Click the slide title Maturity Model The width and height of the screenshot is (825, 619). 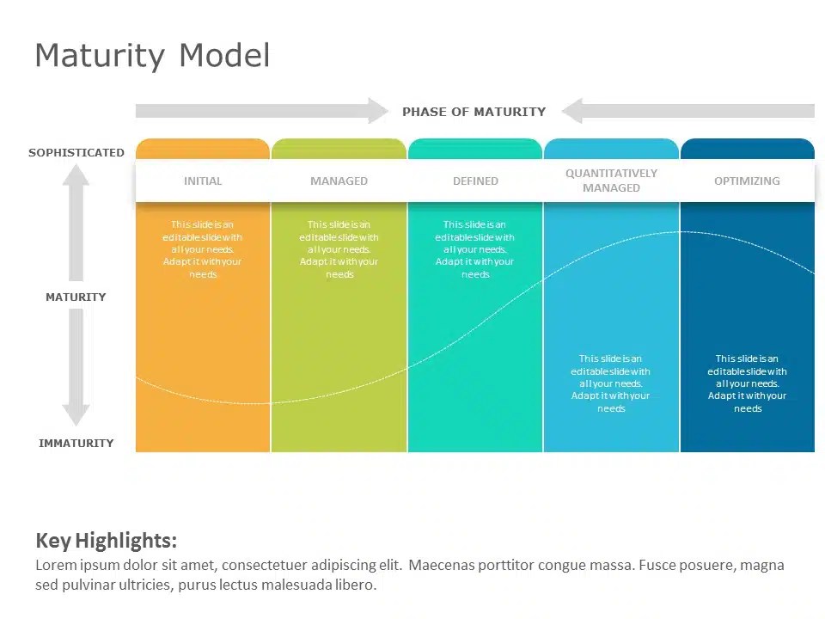[152, 56]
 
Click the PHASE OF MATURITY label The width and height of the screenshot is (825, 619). [474, 112]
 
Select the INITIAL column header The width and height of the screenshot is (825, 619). [203, 181]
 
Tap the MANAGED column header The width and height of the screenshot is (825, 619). [339, 181]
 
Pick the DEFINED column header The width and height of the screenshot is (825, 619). [475, 181]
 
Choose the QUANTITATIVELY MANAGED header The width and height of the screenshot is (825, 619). [611, 181]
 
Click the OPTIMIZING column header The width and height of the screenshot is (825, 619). [747, 181]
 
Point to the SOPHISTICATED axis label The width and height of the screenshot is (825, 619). [76, 153]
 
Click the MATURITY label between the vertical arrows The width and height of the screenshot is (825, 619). [76, 297]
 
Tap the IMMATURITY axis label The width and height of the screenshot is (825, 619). [76, 444]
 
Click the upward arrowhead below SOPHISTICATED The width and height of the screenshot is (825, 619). [76, 175]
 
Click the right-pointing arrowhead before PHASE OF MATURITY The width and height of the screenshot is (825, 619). [378, 111]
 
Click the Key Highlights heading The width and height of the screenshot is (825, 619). [106, 541]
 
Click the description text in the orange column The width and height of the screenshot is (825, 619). [203, 249]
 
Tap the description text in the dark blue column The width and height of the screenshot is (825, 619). [747, 383]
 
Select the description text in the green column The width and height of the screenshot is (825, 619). [339, 249]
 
